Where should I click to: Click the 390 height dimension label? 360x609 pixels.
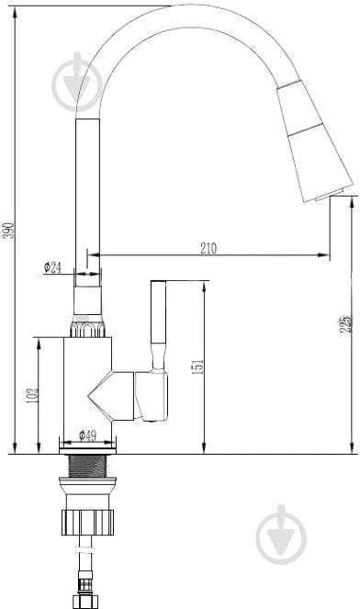[10, 231]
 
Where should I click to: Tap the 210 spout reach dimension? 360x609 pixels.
[208, 248]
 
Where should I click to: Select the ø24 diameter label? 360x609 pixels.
[52, 267]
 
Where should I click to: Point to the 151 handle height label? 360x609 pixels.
[198, 367]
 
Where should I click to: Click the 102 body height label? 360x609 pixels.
[33, 395]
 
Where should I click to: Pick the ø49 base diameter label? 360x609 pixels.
[88, 435]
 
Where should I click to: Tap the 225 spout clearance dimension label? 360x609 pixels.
[345, 323]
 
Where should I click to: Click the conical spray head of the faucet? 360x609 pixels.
[314, 141]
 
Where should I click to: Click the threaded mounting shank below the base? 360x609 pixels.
[87, 466]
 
